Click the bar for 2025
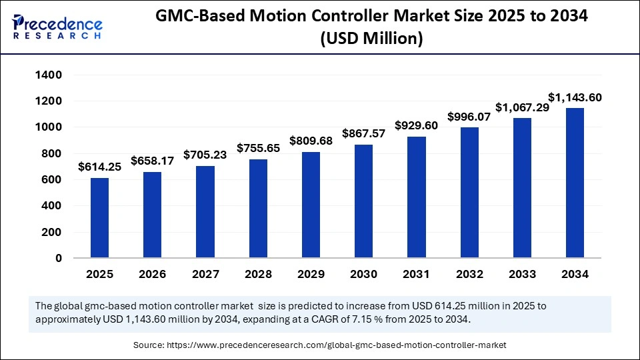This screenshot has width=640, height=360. point(99,217)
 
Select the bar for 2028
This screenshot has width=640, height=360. point(258,208)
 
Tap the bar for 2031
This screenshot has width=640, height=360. point(416,197)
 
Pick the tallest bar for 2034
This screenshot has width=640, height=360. point(575,183)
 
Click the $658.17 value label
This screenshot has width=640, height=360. point(153,161)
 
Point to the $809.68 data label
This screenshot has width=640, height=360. point(311,141)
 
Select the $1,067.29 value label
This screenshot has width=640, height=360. point(522,107)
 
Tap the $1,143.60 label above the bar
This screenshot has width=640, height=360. point(575,97)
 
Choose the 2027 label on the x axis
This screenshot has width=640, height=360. point(205,274)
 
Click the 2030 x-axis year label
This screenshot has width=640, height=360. point(363,274)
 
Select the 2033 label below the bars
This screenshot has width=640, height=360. point(522,274)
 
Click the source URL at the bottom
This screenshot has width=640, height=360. point(319,345)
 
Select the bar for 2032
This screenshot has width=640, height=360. point(469,193)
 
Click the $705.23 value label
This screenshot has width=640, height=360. point(205,153)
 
